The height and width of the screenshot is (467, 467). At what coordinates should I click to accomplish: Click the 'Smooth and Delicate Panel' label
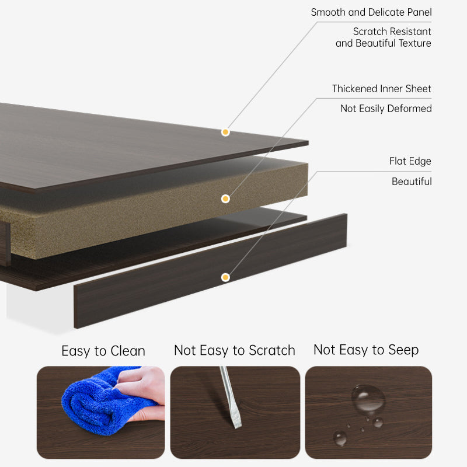pyautogui.click(x=371, y=12)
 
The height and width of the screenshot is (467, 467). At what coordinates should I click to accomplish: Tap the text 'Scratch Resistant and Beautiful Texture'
pyautogui.click(x=384, y=37)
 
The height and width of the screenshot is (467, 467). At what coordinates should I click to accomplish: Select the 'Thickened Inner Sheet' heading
pyautogui.click(x=382, y=89)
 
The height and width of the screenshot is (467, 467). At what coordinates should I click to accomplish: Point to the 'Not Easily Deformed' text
pyautogui.click(x=386, y=109)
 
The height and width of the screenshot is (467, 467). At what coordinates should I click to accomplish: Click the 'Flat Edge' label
pyautogui.click(x=410, y=161)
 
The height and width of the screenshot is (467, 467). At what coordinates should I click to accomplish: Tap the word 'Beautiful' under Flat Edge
pyautogui.click(x=412, y=182)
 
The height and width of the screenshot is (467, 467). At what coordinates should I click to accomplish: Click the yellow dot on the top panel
pyautogui.click(x=225, y=132)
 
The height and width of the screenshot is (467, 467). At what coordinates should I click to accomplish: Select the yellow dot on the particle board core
pyautogui.click(x=225, y=198)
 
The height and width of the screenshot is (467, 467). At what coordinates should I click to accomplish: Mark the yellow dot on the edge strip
pyautogui.click(x=225, y=277)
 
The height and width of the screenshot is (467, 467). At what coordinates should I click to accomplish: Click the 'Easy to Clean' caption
pyautogui.click(x=103, y=351)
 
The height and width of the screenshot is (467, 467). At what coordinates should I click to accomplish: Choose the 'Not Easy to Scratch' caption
pyautogui.click(x=235, y=350)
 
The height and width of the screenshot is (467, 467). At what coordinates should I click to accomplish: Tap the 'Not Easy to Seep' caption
pyautogui.click(x=366, y=350)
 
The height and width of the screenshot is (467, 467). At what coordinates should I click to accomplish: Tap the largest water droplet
pyautogui.click(x=368, y=398)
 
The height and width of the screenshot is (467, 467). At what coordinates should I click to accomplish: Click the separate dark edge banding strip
pyautogui.click(x=210, y=271)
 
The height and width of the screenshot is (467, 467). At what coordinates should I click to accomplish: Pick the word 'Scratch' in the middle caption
pyautogui.click(x=271, y=350)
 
